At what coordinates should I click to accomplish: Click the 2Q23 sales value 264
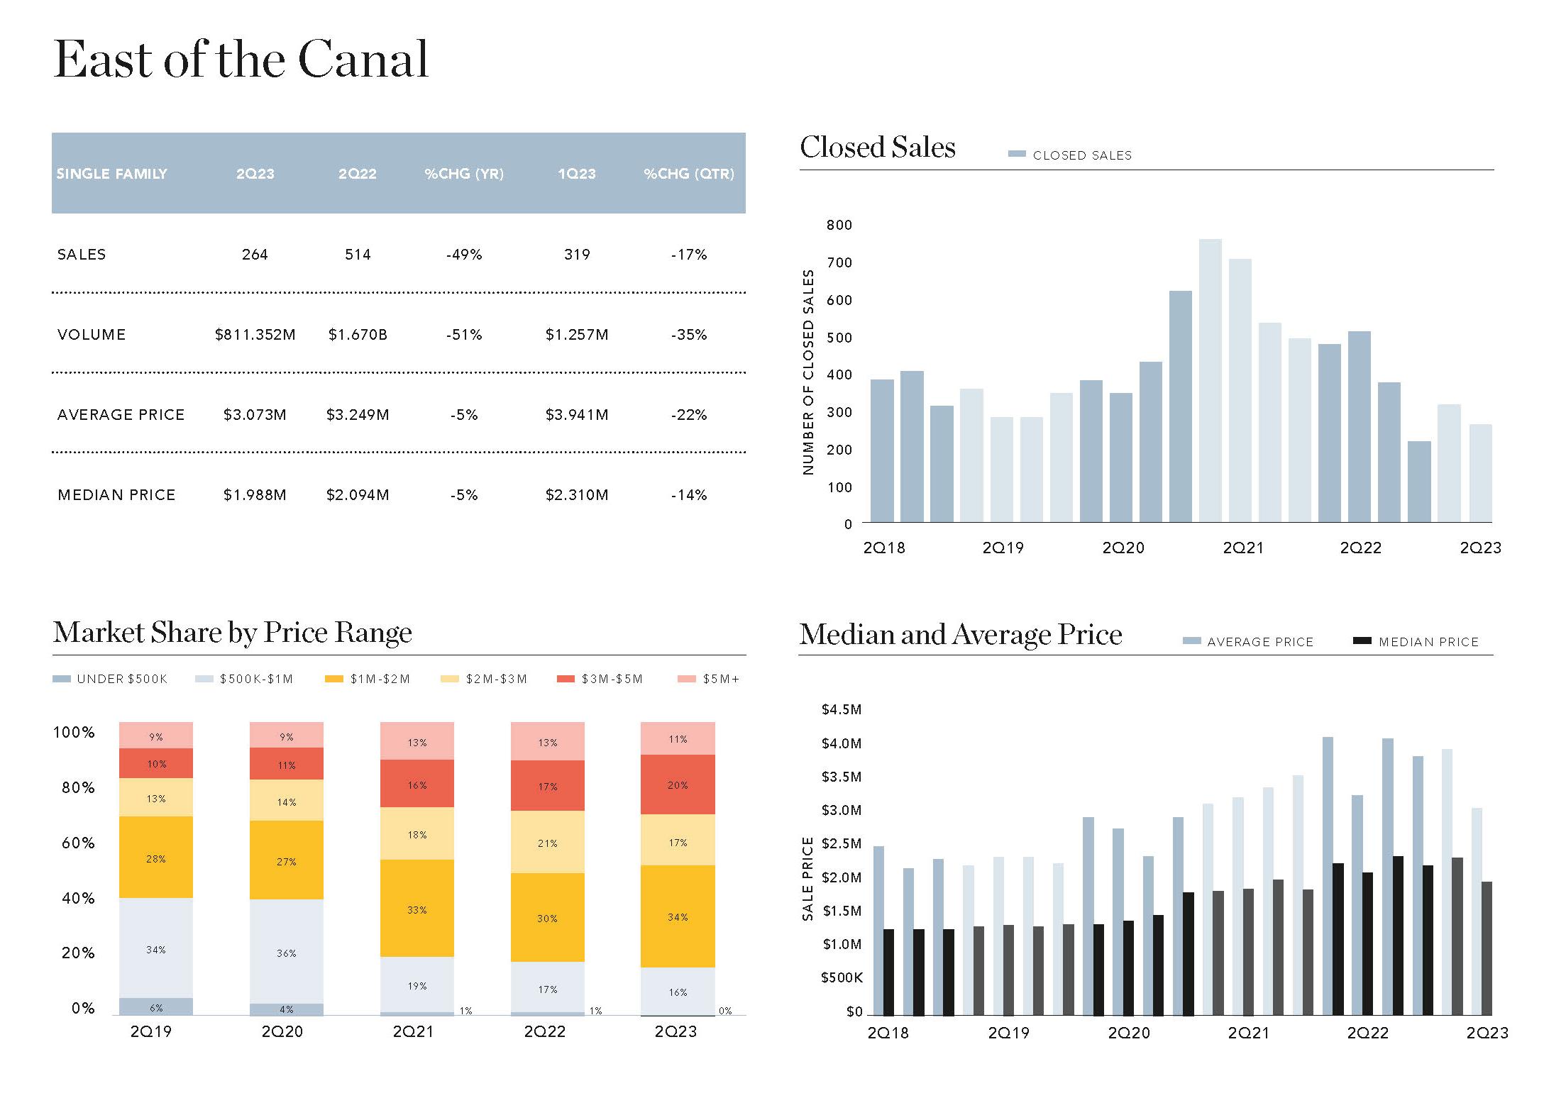click(255, 255)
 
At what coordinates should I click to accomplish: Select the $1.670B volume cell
click(358, 335)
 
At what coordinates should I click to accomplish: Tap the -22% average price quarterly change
click(689, 415)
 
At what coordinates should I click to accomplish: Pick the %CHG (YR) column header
click(464, 174)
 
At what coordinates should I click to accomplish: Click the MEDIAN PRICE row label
click(116, 495)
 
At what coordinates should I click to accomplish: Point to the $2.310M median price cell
click(577, 495)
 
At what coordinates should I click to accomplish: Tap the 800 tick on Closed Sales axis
click(839, 226)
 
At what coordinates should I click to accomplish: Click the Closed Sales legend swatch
click(1017, 155)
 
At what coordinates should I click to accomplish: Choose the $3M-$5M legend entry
click(601, 680)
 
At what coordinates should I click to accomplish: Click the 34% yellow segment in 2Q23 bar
click(678, 916)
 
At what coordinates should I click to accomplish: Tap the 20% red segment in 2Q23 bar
click(678, 784)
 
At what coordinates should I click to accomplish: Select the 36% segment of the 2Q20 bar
click(286, 952)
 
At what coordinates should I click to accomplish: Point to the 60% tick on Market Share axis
click(78, 843)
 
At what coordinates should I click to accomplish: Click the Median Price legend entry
click(1416, 642)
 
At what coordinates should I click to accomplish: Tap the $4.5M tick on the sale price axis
click(842, 710)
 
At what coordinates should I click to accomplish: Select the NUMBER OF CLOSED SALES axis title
click(808, 372)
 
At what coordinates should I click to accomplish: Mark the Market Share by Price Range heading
click(233, 632)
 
